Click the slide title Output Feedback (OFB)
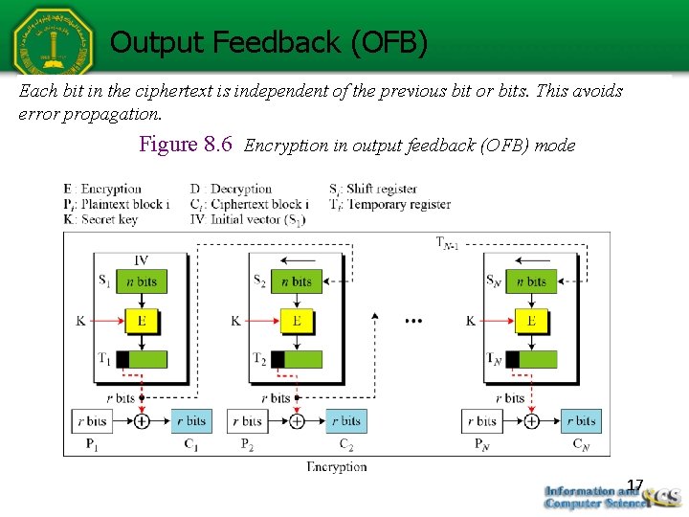(268, 42)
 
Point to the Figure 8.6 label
(186, 145)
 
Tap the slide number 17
(634, 485)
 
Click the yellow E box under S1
(141, 321)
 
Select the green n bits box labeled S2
(297, 281)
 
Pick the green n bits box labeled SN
(531, 281)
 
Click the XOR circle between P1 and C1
(142, 420)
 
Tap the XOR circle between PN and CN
(532, 420)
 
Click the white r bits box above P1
(93, 420)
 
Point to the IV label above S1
(141, 259)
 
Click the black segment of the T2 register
(278, 360)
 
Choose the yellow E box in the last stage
(531, 321)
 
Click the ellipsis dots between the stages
(413, 321)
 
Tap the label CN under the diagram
(581, 443)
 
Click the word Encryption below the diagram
(337, 466)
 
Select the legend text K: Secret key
(100, 219)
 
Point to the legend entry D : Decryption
(231, 189)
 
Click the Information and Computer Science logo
(610, 496)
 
